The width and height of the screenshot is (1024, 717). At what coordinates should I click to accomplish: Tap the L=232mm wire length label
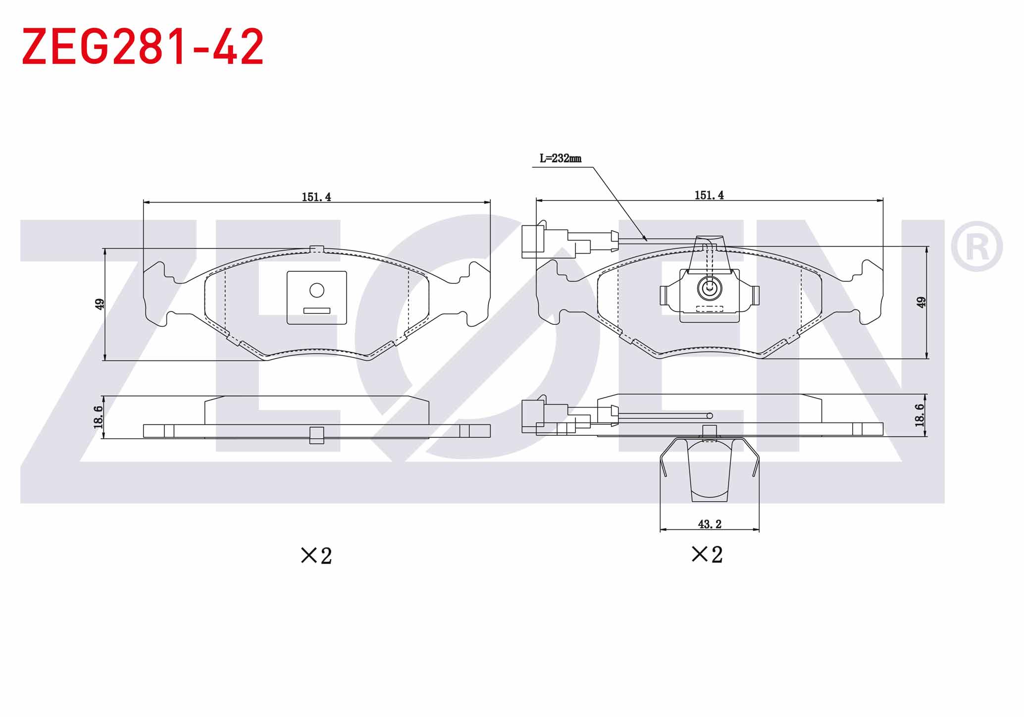(560, 158)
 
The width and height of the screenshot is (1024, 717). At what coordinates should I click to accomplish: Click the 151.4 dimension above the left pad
(316, 197)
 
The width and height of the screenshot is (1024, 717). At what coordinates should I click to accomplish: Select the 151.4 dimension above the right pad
(709, 196)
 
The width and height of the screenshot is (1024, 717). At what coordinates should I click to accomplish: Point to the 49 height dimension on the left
(100, 304)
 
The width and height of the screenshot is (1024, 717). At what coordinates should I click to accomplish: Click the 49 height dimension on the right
(921, 302)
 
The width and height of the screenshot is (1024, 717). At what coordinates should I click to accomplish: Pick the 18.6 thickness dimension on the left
(98, 417)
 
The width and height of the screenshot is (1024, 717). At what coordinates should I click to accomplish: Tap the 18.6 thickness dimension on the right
(920, 415)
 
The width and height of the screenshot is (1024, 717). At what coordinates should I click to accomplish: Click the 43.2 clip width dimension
(710, 524)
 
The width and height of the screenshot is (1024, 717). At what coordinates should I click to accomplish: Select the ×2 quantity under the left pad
(316, 556)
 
